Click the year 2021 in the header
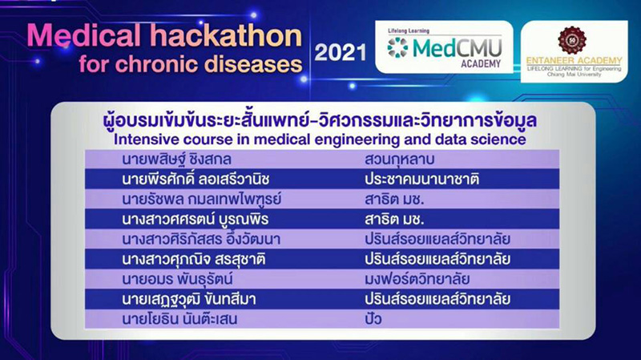340,53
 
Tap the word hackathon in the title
228,36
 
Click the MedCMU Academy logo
445,47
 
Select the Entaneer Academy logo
574,51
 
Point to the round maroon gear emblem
572,40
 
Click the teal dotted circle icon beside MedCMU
397,47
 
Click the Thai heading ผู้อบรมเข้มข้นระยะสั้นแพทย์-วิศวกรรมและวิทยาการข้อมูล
320,119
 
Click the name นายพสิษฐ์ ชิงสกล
176,159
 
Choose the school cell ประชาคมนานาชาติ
422,179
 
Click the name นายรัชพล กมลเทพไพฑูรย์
202,199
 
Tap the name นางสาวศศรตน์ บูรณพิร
195,220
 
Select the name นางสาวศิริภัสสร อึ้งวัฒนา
201,239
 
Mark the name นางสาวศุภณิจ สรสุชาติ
194,259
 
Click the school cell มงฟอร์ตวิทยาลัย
417,279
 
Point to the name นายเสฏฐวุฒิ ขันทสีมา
189,299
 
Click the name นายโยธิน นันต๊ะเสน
179,319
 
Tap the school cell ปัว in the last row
373,318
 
